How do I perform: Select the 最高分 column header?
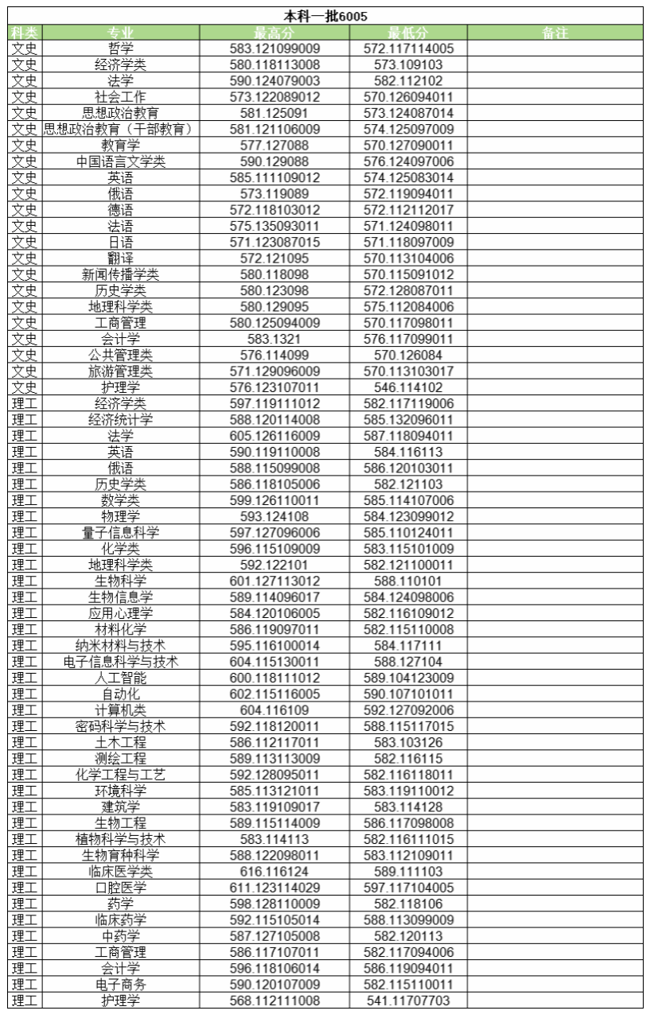point(274,33)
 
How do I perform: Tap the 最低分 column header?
point(408,33)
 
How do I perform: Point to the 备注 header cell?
point(554,33)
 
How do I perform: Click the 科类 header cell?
point(25,33)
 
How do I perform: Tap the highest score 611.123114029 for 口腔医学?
point(274,888)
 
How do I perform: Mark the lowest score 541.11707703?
point(408,1001)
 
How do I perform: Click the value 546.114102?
point(408,387)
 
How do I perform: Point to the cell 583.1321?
point(274,339)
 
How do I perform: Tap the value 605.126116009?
point(274,436)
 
